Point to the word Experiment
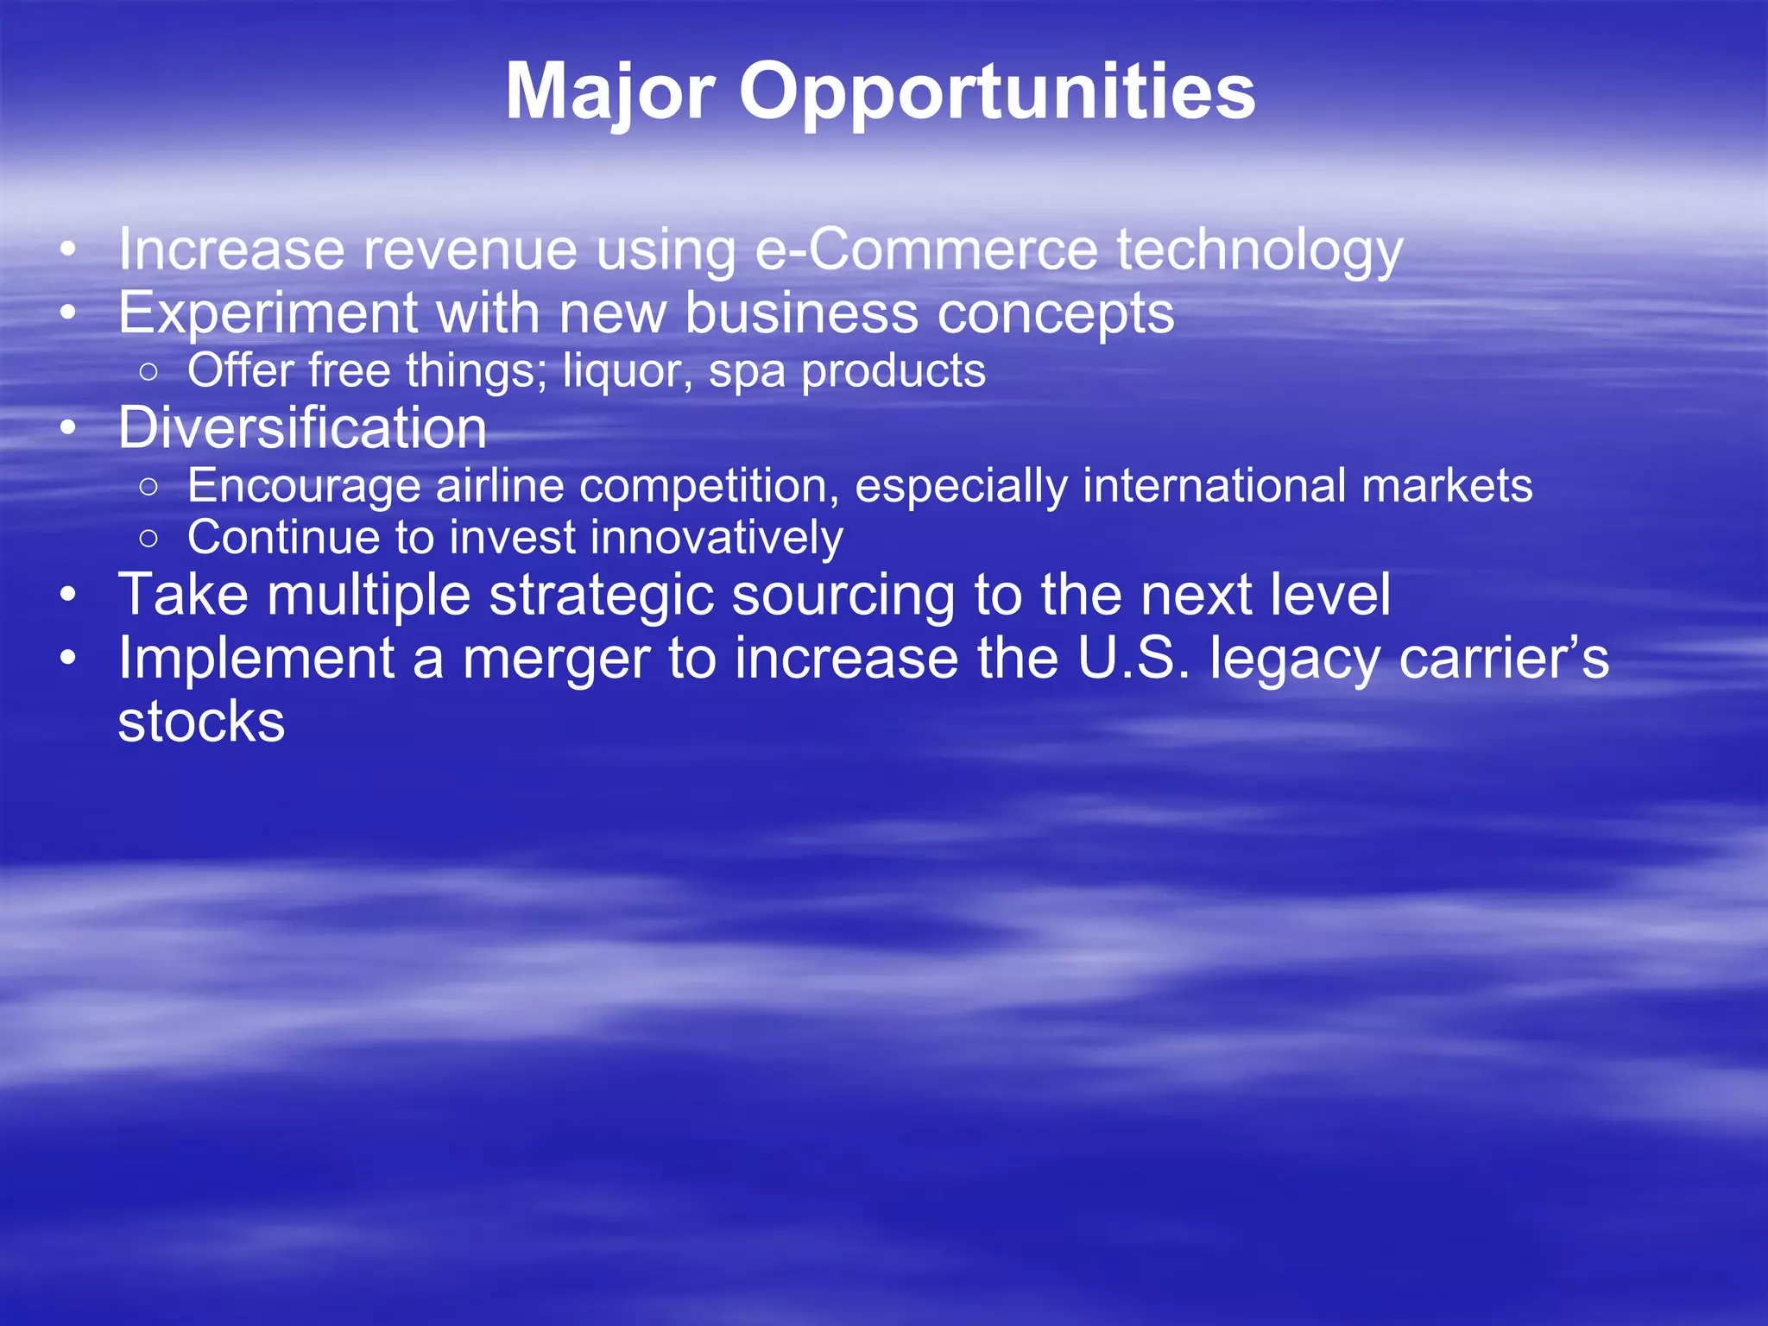tap(268, 313)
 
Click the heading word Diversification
tap(302, 428)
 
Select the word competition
tap(709, 487)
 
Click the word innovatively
tap(717, 538)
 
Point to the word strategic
tap(601, 596)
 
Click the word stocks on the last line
tap(201, 723)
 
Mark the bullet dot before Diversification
tap(68, 427)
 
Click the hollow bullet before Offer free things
tap(148, 372)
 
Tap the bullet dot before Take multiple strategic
tap(68, 595)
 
